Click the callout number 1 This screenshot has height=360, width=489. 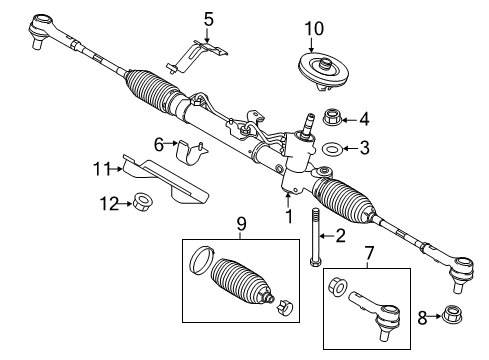(x=287, y=214)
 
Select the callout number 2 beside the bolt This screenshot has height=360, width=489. (x=339, y=236)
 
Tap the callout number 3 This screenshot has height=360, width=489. (x=364, y=150)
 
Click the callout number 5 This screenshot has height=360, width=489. (x=208, y=17)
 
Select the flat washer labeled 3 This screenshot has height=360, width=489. (x=330, y=151)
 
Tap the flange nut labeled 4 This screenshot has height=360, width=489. (x=330, y=118)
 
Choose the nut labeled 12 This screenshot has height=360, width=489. (x=143, y=204)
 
